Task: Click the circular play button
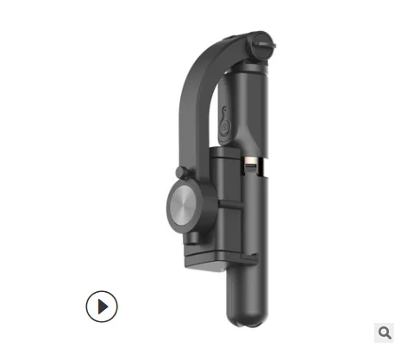[102, 306]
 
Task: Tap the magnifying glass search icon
[385, 332]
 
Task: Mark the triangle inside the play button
[103, 306]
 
